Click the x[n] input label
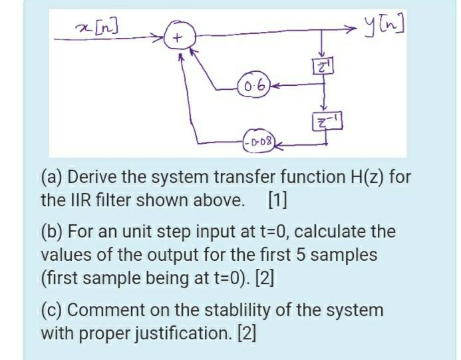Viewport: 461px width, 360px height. click(98, 27)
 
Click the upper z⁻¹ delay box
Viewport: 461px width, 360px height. click(323, 67)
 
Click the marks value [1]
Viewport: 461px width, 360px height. click(277, 200)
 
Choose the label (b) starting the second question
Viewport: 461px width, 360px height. click(51, 232)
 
